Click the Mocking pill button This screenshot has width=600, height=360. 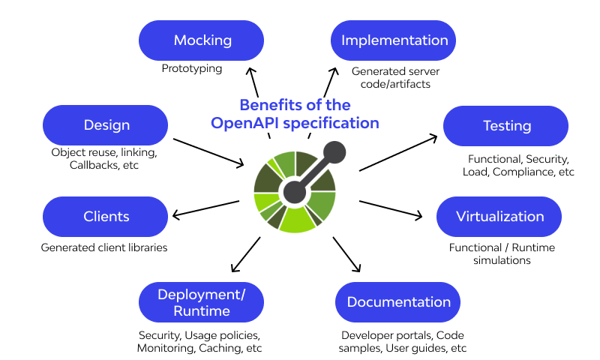[202, 40]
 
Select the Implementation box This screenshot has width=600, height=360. [394, 40]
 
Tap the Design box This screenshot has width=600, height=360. [106, 125]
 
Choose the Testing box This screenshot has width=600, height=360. [507, 126]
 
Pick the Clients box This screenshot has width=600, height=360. [106, 217]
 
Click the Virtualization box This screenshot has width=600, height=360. [499, 217]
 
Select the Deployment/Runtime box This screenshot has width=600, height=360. [202, 302]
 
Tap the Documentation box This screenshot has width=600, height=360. [398, 302]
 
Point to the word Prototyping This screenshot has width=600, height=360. [192, 68]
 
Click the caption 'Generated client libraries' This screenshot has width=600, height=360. [104, 247]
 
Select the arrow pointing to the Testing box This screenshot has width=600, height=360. [398, 153]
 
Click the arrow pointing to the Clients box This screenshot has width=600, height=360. [205, 208]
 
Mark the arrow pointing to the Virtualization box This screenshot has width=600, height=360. [391, 211]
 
